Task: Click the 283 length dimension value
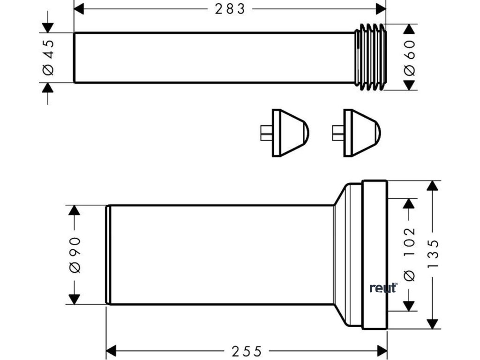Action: pos(230,9)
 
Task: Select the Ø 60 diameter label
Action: pos(409,57)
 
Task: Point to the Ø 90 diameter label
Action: pos(75,255)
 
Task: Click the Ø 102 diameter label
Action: pos(409,254)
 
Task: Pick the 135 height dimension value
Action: pos(434,254)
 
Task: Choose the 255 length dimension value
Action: pos(247,351)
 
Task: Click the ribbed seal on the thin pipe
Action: pos(370,57)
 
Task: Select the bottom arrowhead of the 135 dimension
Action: pos(434,323)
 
